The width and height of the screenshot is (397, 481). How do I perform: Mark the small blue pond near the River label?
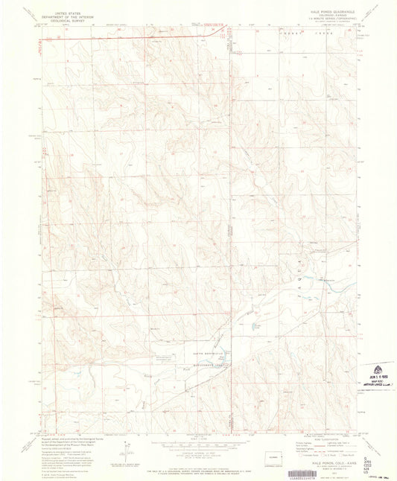click(254, 325)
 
